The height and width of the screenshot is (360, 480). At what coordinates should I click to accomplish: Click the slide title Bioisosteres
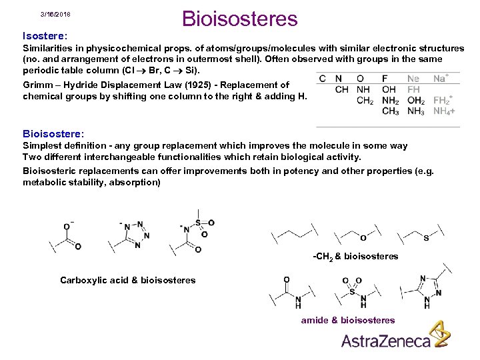click(239, 19)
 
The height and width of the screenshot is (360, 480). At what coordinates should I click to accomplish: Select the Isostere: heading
click(45, 35)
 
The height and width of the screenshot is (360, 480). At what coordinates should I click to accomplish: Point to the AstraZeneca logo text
click(386, 341)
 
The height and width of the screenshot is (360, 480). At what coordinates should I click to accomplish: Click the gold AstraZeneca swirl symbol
click(438, 334)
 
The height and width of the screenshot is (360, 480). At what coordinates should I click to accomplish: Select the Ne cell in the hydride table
click(413, 79)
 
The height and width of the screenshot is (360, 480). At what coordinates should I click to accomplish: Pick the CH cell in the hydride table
click(342, 89)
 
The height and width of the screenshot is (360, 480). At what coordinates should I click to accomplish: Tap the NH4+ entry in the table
click(445, 111)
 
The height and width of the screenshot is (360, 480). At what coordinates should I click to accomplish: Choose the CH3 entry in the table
click(391, 111)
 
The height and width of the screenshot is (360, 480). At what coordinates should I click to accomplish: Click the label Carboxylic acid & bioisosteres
click(128, 280)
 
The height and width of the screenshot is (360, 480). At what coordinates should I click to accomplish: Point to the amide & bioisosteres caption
click(348, 320)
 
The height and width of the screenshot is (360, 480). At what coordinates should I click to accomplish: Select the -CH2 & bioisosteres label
click(355, 256)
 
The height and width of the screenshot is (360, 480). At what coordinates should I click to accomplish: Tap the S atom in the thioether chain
click(426, 237)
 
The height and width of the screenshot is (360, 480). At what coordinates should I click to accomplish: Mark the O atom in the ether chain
click(363, 237)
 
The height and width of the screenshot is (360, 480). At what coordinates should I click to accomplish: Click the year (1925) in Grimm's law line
click(198, 85)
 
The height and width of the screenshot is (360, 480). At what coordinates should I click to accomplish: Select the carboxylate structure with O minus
click(67, 235)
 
